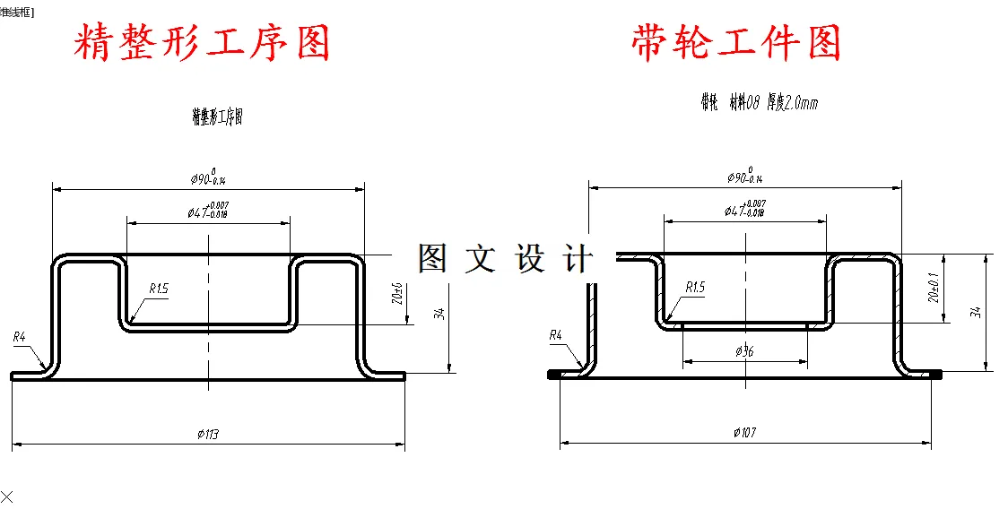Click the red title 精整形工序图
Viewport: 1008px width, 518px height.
coord(202,42)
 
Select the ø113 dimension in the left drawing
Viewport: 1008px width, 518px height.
coord(208,435)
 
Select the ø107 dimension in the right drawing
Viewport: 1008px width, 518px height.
coord(744,433)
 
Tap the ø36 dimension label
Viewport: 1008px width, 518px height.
coord(744,352)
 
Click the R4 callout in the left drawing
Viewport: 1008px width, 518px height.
coord(20,337)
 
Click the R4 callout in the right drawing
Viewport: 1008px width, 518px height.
coord(555,335)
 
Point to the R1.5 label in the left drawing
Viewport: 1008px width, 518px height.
coord(159,289)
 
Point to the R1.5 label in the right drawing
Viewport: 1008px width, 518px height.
coord(695,287)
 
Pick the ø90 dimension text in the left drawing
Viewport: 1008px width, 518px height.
coord(207,177)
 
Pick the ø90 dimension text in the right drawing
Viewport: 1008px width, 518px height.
coord(744,176)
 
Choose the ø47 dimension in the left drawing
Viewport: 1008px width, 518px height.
coord(207,212)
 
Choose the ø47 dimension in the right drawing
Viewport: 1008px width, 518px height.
coord(744,210)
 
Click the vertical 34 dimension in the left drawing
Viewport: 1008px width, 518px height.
coord(439,314)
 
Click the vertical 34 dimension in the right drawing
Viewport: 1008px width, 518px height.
coord(976,312)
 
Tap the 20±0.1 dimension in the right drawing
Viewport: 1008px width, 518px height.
coord(933,289)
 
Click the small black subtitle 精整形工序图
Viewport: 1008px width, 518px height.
coord(217,117)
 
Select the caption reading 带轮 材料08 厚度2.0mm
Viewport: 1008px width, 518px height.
coord(759,103)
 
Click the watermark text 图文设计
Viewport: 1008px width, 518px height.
coord(505,259)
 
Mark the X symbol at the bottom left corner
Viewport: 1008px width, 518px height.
coord(7,496)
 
